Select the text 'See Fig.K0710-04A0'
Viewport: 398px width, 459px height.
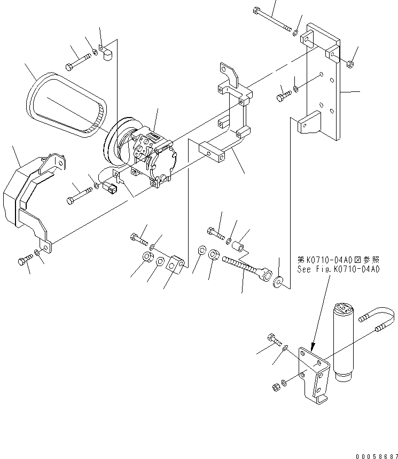pos(338,270)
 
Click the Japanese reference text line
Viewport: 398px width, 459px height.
pos(338,260)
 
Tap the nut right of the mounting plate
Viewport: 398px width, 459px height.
pos(349,65)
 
